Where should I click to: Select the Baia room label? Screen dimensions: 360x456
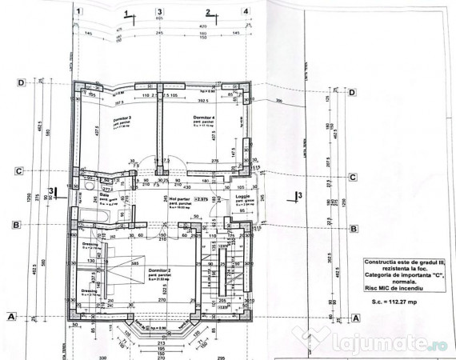coord(104,194)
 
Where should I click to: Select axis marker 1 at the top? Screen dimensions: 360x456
coord(79,11)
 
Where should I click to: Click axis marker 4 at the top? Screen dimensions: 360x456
coord(245,11)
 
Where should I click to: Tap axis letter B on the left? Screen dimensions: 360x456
coord(17,226)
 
